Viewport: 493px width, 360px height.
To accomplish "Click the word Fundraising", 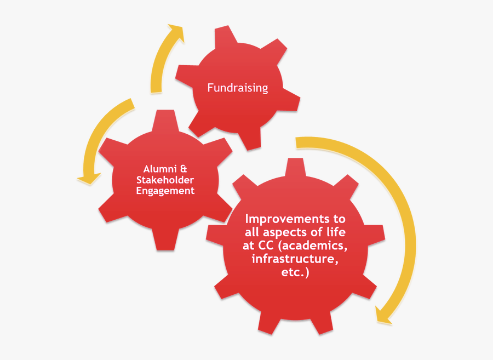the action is click(238, 88).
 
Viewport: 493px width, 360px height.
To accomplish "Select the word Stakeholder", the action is click(165, 180).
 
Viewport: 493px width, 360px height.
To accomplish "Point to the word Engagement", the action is click(165, 191).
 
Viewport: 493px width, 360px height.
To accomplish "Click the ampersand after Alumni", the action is click(184, 169).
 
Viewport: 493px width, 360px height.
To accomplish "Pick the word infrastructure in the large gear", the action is click(295, 259).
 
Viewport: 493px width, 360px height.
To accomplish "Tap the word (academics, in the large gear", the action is click(313, 245).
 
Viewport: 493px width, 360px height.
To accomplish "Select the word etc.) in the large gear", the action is click(295, 272).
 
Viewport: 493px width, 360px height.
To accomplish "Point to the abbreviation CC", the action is click(266, 245).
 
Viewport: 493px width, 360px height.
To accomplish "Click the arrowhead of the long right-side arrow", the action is click(382, 316).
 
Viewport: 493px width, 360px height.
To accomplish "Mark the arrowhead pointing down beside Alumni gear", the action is click(89, 178).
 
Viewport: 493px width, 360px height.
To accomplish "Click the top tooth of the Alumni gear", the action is click(165, 119).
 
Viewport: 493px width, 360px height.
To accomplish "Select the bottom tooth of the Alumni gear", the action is click(165, 239).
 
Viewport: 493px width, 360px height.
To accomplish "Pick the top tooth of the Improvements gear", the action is click(295, 167).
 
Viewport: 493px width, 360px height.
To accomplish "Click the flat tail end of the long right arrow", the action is click(296, 142).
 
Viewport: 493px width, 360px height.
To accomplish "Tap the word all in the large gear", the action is click(252, 232).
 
